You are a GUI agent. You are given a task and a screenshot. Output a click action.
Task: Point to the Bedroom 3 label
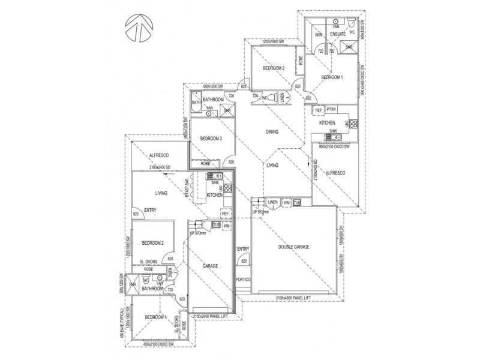(x=211, y=138)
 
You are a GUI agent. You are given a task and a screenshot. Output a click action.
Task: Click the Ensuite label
(x=338, y=35)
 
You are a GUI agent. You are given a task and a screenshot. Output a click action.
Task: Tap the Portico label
(x=243, y=280)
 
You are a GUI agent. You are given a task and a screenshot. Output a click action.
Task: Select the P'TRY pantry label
(x=332, y=109)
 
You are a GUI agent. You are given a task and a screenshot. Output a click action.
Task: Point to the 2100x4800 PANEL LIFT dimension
(x=293, y=298)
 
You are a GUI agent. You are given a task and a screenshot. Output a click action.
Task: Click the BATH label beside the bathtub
(x=196, y=103)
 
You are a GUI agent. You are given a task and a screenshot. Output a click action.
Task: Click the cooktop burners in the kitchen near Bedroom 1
(x=353, y=124)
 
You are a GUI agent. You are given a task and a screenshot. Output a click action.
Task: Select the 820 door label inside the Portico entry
(x=243, y=261)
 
